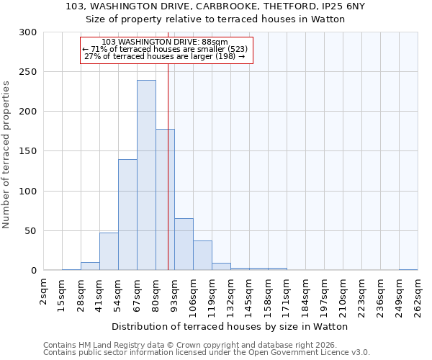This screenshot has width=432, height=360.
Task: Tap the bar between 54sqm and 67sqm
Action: [x=127, y=215]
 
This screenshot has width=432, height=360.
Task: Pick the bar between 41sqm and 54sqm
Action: [x=109, y=251]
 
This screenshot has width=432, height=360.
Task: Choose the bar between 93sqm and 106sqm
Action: [x=184, y=244]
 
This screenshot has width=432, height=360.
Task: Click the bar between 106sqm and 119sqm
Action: [x=202, y=256]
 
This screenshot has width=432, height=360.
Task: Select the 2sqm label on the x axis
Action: [x=44, y=291]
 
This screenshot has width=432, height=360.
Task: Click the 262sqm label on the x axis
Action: [x=418, y=296]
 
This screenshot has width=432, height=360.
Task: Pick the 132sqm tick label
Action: [x=230, y=296]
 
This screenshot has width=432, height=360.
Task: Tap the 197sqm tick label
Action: [x=324, y=296]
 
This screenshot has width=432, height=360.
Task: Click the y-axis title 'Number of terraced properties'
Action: [x=6, y=155]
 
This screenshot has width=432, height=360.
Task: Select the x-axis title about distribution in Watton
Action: [x=230, y=326]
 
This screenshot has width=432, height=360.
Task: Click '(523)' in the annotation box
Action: [x=237, y=49]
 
